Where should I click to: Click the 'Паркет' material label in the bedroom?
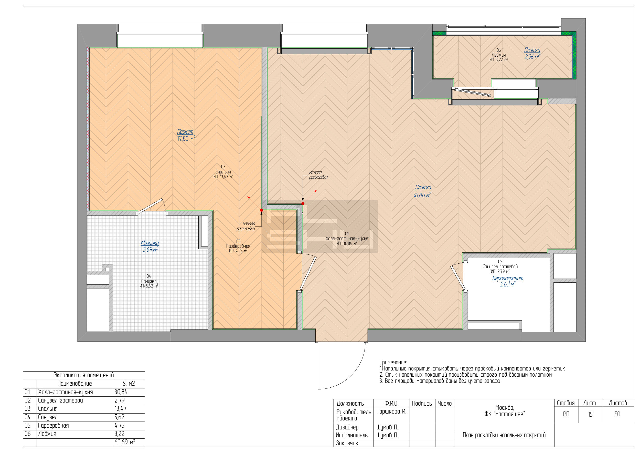coord(185,132)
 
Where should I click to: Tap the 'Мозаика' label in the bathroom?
coord(150,243)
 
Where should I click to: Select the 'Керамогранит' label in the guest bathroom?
coord(508,278)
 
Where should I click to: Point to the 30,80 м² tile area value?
coord(422,195)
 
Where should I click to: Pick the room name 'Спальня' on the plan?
coord(223,172)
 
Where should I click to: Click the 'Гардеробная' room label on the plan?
coord(238,246)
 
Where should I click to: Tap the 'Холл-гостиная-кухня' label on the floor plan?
coord(347,239)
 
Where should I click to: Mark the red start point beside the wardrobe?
coord(261,210)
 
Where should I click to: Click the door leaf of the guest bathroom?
coord(458,278)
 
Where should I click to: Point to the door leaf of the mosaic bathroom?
coord(151,205)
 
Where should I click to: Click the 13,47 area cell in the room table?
coord(120,409)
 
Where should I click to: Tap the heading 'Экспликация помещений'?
coord(84,375)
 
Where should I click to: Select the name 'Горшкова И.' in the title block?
coord(391,411)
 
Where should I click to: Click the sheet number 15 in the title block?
coord(590,414)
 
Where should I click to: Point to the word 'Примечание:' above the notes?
coord(393,362)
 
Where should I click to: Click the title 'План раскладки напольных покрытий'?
coord(504,435)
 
